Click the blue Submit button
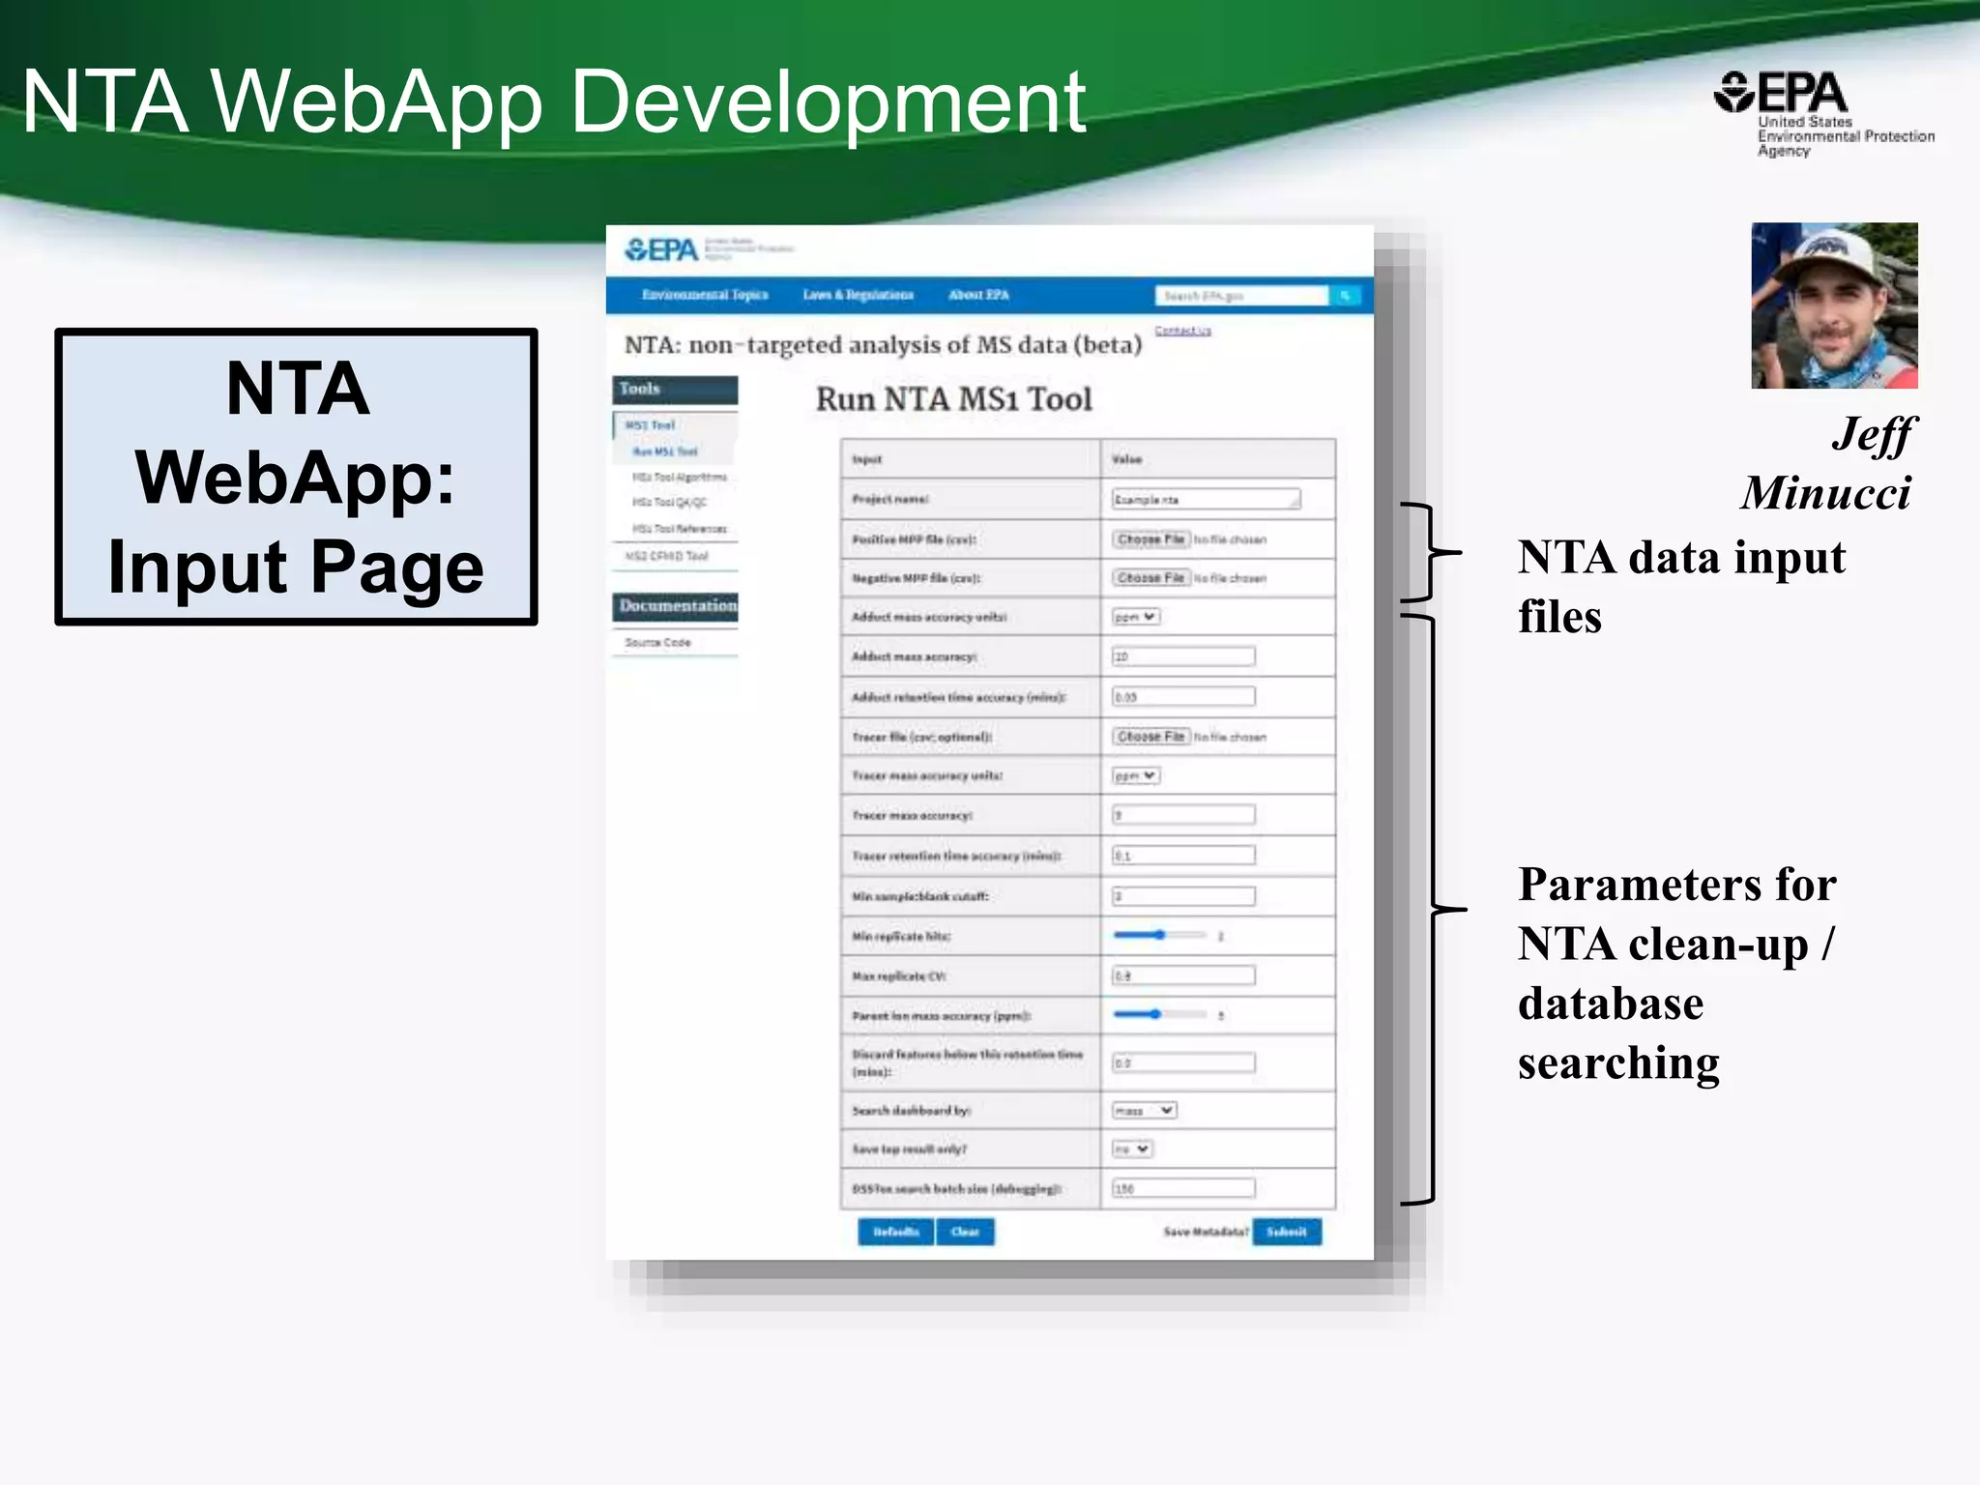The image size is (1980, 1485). click(1286, 1232)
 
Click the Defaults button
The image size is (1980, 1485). click(895, 1232)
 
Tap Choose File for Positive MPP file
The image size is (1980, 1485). click(1150, 539)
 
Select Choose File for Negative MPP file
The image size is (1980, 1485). click(1150, 578)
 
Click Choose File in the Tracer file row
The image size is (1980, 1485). click(1150, 737)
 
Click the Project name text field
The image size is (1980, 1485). click(1206, 499)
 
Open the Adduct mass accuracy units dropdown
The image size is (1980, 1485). click(1135, 617)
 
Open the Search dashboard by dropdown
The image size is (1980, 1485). click(1144, 1111)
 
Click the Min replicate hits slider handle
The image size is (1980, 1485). click(1159, 935)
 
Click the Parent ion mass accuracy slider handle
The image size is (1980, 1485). click(1155, 1014)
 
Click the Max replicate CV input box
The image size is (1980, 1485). click(1183, 975)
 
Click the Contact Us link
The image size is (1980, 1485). click(1182, 331)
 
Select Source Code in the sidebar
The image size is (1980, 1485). click(657, 642)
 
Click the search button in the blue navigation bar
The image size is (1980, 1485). click(1345, 295)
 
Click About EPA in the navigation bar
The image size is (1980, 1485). click(978, 295)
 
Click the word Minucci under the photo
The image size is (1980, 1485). click(1825, 493)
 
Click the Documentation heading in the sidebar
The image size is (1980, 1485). click(677, 606)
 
